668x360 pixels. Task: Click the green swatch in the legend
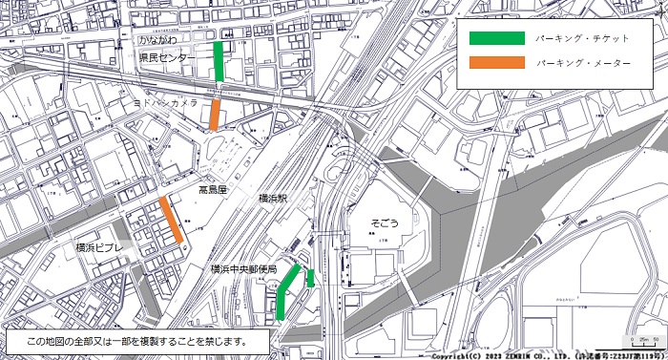[x=496, y=38]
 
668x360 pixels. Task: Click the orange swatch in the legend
[x=496, y=63]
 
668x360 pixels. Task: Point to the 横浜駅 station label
[x=280, y=199]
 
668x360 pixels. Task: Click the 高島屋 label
[x=213, y=191]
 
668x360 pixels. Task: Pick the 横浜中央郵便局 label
[x=243, y=270]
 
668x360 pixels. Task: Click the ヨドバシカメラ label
[x=166, y=101]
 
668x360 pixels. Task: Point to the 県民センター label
[x=166, y=58]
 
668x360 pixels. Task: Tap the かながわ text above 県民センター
[x=157, y=42]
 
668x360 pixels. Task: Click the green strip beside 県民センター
[x=219, y=61]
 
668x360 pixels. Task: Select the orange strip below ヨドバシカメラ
[x=216, y=114]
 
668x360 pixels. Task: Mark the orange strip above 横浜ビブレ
[x=172, y=220]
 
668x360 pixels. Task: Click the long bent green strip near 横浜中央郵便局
[x=284, y=291]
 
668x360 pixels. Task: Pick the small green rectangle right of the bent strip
[x=311, y=278]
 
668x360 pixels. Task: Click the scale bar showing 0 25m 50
[x=644, y=341]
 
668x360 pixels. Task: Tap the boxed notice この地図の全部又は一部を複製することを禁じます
[x=136, y=340]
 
